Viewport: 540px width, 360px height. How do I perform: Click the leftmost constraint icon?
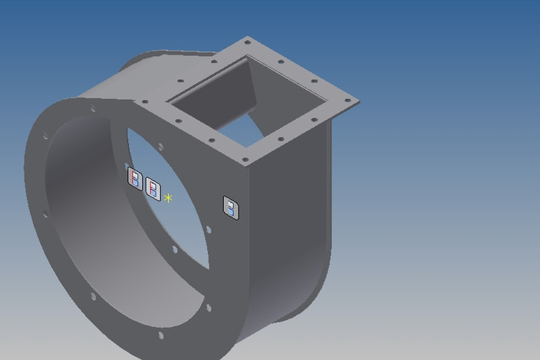point(135,180)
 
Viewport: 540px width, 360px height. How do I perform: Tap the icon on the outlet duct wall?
point(231,206)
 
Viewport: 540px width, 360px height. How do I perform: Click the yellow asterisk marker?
point(168,198)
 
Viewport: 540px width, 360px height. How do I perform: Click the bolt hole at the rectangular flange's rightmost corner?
point(349,101)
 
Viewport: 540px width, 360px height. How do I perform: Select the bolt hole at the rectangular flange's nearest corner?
point(245,160)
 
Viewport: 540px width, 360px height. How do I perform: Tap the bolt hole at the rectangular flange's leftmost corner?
point(145,101)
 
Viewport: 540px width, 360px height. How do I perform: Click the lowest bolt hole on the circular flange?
point(160,335)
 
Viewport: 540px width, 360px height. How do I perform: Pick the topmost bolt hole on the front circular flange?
point(94,110)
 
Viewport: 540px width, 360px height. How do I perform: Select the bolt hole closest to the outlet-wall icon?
point(208,229)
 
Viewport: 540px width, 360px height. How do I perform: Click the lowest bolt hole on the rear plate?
point(207,308)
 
